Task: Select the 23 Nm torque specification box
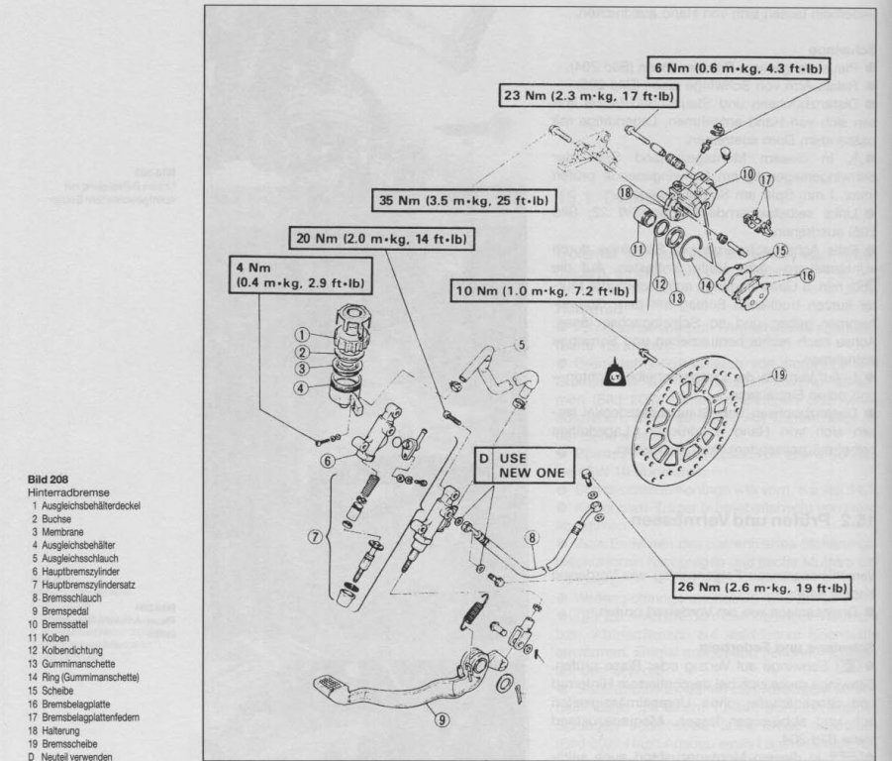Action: pyautogui.click(x=585, y=96)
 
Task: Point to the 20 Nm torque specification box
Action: pyautogui.click(x=381, y=239)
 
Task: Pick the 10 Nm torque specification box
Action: pyautogui.click(x=543, y=292)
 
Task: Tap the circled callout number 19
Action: pyautogui.click(x=778, y=375)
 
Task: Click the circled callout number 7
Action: pyautogui.click(x=316, y=537)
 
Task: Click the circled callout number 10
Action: pyautogui.click(x=747, y=174)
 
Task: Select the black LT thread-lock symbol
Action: pyautogui.click(x=614, y=374)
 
